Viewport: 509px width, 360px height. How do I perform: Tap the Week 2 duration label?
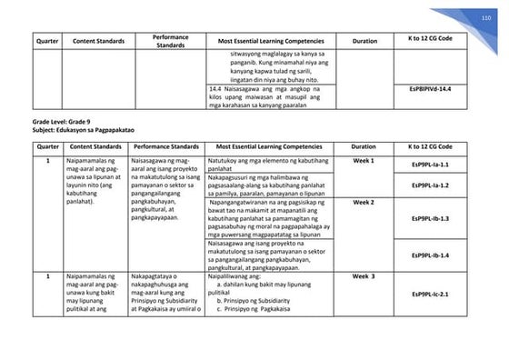pyautogui.click(x=364, y=202)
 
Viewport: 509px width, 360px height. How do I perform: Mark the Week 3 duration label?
pyautogui.click(x=364, y=275)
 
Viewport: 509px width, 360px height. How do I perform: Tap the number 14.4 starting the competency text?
pyautogui.click(x=215, y=88)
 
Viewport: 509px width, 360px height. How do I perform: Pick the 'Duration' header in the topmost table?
pyautogui.click(x=364, y=42)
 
